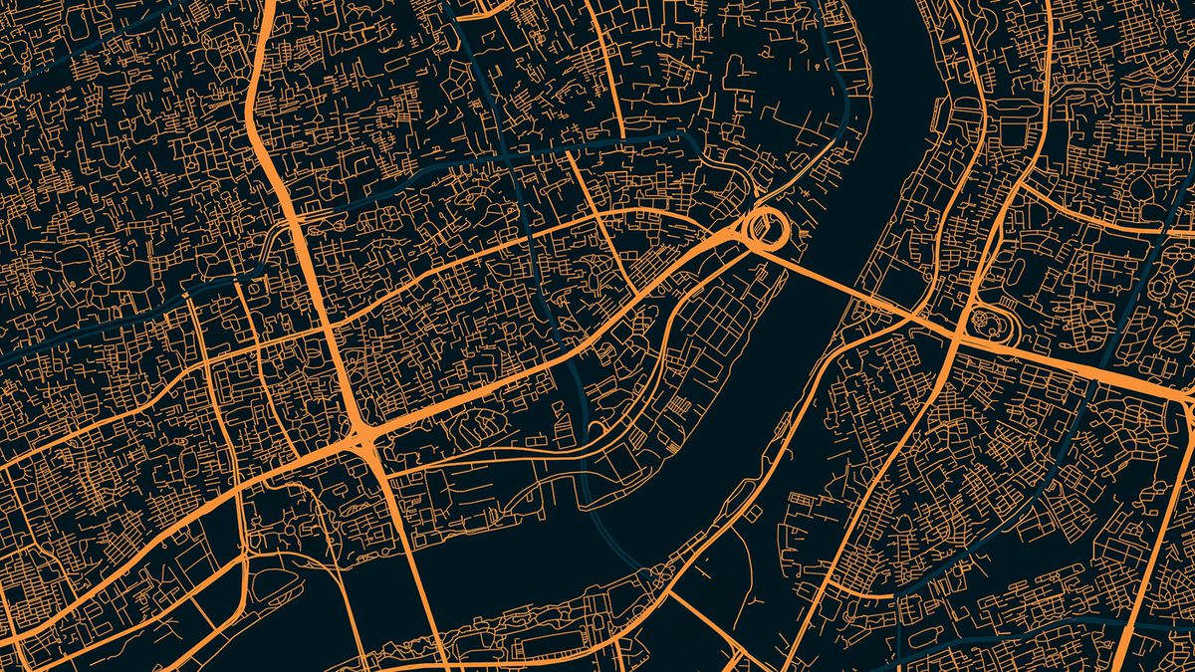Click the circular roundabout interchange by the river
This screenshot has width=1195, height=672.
767,228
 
